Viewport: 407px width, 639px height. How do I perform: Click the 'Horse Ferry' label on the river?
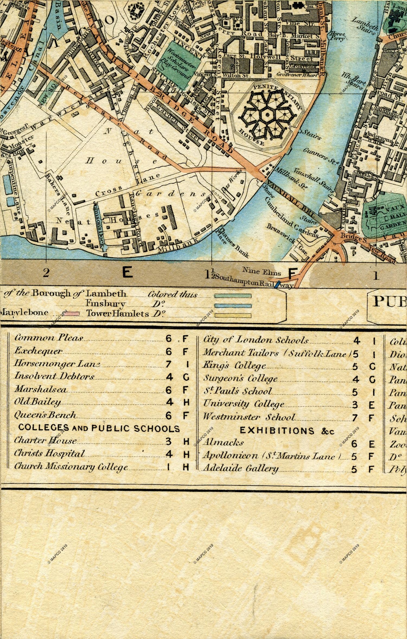(x=337, y=36)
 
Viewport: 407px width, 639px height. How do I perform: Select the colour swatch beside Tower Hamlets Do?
(x=233, y=315)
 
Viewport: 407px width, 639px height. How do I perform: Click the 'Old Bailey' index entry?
(x=37, y=402)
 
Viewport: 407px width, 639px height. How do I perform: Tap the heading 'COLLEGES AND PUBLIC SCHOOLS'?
(x=99, y=428)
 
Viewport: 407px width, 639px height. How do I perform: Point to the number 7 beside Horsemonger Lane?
(x=169, y=364)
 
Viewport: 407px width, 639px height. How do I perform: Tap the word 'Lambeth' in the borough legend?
(x=106, y=293)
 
